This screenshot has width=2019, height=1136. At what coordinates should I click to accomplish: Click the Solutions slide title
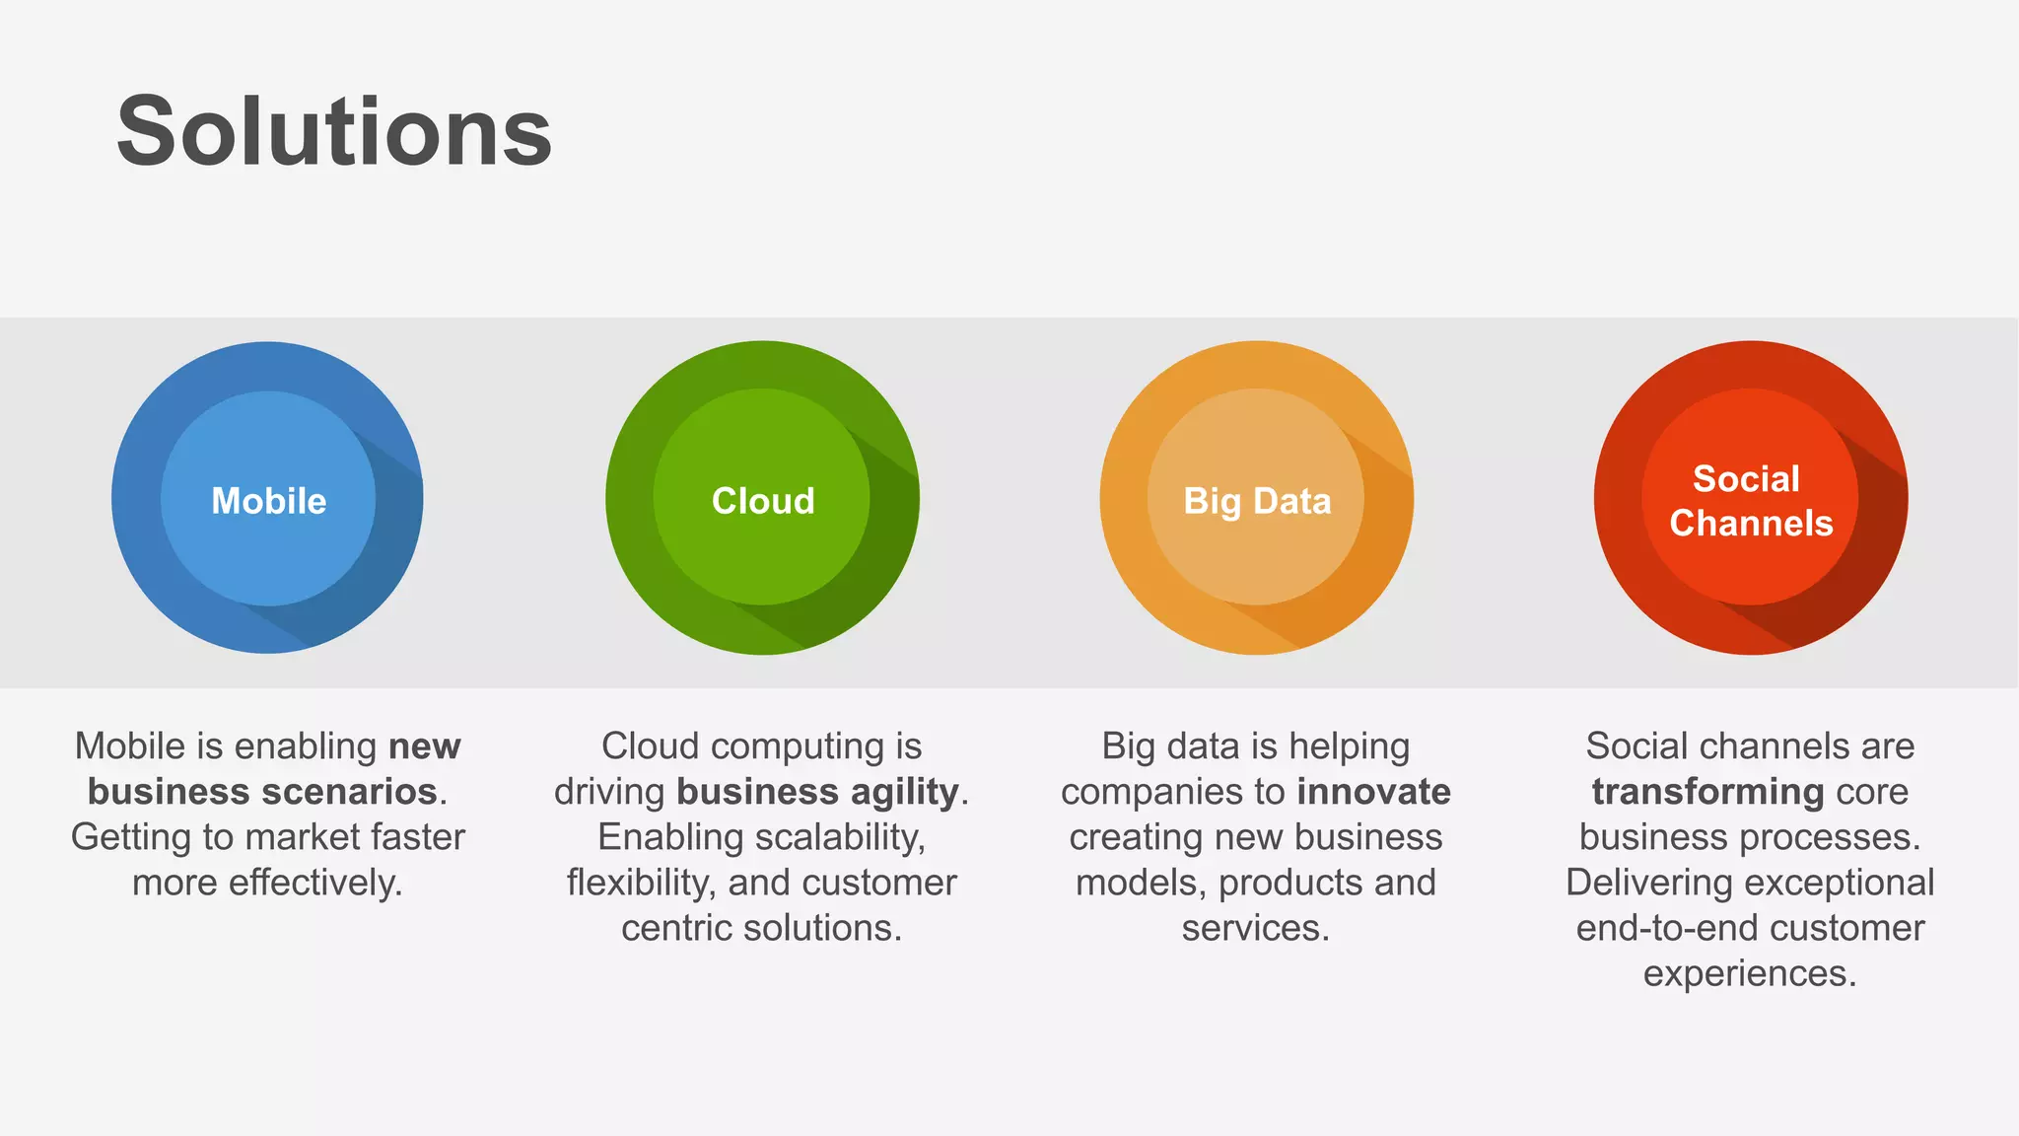(x=334, y=132)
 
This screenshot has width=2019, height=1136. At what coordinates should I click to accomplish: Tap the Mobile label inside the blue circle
(x=268, y=501)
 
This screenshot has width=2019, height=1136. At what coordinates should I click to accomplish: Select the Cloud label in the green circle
(x=763, y=501)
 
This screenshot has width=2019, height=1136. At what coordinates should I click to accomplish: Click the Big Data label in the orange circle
(x=1257, y=501)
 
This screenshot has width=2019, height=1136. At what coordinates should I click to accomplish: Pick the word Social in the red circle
(x=1746, y=478)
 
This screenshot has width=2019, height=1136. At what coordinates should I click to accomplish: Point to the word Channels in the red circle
(x=1751, y=523)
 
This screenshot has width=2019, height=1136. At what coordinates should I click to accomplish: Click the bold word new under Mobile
(x=424, y=746)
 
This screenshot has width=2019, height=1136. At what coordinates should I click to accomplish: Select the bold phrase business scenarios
(x=262, y=792)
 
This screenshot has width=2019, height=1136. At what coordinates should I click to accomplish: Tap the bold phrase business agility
(x=817, y=792)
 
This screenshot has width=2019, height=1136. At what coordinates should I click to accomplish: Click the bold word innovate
(x=1373, y=792)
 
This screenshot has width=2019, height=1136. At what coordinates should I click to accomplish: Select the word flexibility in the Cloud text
(x=641, y=883)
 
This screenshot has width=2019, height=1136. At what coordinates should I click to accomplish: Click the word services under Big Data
(x=1255, y=928)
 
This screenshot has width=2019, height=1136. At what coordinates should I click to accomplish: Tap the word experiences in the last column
(x=1749, y=973)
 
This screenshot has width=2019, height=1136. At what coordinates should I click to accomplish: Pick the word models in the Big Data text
(x=1141, y=883)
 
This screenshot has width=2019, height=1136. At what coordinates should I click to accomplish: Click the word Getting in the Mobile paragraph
(x=131, y=837)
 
